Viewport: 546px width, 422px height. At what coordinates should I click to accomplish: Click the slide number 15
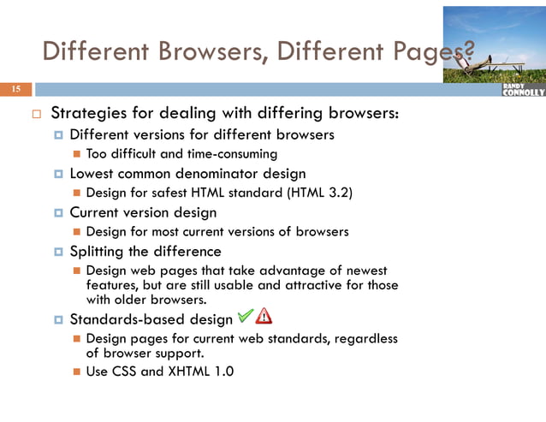pos(16,90)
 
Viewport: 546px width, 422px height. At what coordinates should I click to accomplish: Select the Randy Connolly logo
pos(523,90)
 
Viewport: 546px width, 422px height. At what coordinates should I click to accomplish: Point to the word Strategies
pos(89,114)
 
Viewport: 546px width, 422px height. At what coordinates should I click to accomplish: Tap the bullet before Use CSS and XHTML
pos(76,371)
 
